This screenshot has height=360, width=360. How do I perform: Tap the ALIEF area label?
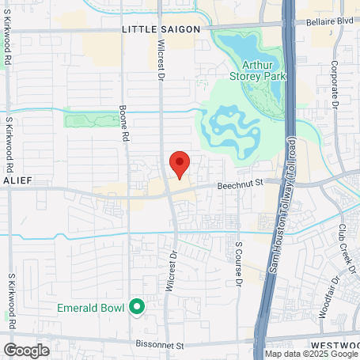17,181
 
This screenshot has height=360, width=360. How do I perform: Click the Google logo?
26,350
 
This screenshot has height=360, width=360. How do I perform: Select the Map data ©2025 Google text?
311,354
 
